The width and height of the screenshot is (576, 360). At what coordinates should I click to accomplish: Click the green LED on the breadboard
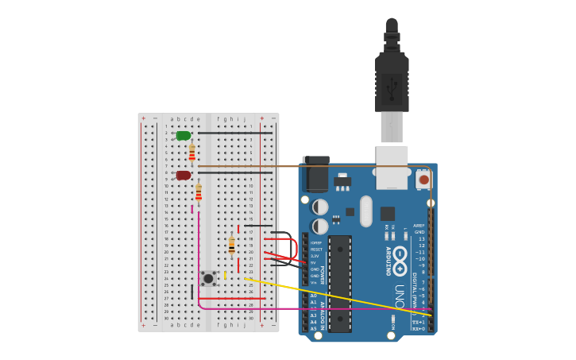tap(184, 136)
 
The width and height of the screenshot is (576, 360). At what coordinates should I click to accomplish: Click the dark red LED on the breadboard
tap(184, 175)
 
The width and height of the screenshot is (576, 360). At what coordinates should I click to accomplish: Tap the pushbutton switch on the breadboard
tap(208, 277)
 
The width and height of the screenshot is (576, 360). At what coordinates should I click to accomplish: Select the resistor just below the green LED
tap(191, 152)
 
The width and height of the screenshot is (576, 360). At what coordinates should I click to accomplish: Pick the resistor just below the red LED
tap(199, 192)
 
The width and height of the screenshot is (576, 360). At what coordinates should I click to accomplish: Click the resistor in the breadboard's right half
tap(231, 246)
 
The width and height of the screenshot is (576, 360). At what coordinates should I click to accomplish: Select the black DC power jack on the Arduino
tap(315, 175)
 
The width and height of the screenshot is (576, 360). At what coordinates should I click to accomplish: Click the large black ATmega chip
tap(339, 282)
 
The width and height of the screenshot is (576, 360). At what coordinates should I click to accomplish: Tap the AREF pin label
tap(419, 226)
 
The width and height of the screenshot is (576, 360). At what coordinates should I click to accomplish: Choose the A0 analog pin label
tap(313, 296)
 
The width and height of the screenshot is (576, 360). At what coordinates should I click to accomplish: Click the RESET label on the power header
tap(316, 250)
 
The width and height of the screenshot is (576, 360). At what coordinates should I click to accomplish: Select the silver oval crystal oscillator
tap(365, 211)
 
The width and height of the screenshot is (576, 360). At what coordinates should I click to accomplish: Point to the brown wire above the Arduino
tap(318, 166)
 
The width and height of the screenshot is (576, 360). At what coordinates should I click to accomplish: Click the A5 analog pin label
tap(313, 328)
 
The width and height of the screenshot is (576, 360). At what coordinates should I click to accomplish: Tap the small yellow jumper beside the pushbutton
tap(225, 276)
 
